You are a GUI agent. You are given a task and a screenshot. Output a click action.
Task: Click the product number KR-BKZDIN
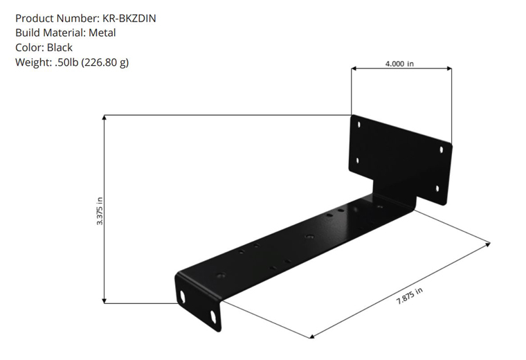click(x=129, y=18)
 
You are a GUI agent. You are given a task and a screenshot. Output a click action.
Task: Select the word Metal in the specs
click(x=102, y=33)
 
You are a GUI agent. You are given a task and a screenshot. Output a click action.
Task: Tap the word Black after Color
click(x=60, y=48)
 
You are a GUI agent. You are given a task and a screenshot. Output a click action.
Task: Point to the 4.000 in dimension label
click(x=399, y=64)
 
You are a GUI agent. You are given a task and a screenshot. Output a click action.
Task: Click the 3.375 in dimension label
click(x=100, y=211)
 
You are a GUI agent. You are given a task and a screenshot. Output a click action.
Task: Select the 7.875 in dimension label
click(x=410, y=296)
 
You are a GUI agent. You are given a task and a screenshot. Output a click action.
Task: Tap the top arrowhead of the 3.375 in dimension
click(x=105, y=118)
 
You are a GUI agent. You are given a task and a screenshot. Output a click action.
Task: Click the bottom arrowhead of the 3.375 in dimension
click(x=105, y=300)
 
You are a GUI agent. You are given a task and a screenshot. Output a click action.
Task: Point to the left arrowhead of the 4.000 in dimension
click(x=354, y=69)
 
